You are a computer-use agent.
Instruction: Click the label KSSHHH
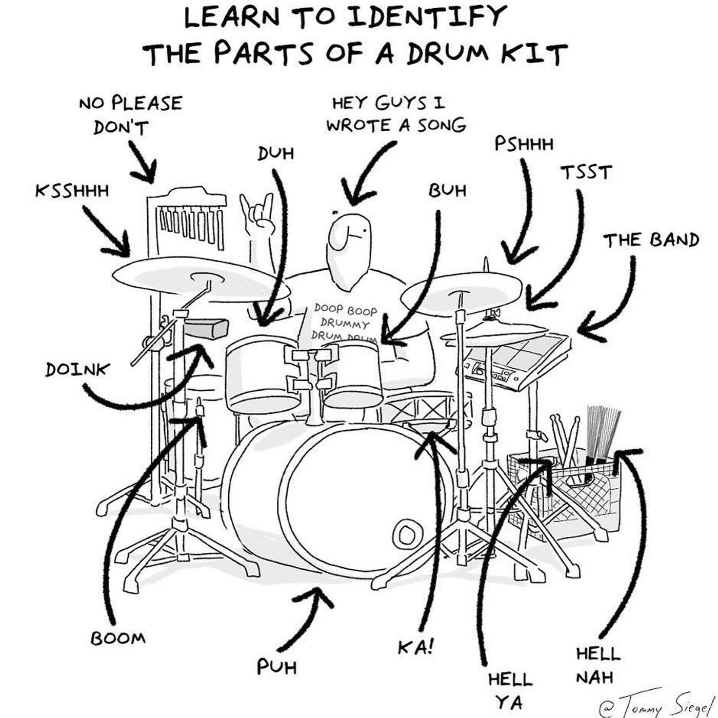(72, 191)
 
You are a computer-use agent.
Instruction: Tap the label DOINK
(78, 370)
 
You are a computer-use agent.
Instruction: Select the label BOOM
(118, 639)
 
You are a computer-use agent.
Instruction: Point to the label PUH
(277, 667)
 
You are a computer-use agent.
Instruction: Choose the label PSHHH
(524, 144)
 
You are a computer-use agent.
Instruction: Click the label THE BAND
(651, 241)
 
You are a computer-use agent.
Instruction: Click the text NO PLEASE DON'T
(131, 115)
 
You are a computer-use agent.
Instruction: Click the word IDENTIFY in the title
(428, 17)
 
